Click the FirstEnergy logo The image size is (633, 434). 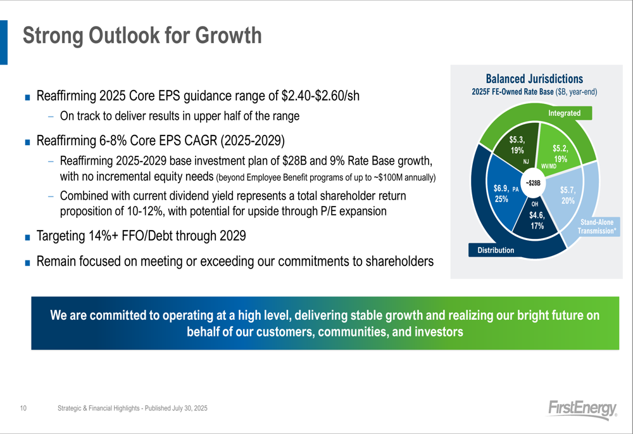coord(582,409)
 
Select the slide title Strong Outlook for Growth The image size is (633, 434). coord(142,35)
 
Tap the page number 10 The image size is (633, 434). coord(23,408)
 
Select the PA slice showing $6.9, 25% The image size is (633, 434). coord(503,194)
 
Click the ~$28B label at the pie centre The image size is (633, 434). coord(533,184)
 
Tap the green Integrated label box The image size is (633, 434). coord(565,113)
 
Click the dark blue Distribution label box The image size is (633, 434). coord(496,250)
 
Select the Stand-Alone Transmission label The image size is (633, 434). coord(597,227)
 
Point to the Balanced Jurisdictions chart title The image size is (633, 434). coord(534,79)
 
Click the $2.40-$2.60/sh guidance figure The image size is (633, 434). coord(320,96)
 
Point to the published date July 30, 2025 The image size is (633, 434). coord(190,408)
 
